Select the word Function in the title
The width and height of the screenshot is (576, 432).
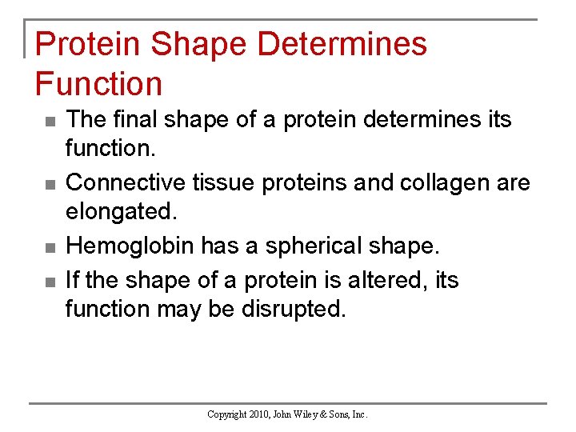pos(98,83)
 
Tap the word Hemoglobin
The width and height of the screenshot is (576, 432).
pos(130,246)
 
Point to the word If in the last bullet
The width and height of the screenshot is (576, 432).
pos(72,279)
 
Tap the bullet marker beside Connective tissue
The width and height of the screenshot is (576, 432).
pos(50,186)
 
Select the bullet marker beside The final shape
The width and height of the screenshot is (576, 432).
pos(50,122)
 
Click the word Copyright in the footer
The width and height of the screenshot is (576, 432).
pos(227,414)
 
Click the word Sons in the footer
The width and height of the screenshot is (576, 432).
pos(346,414)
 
